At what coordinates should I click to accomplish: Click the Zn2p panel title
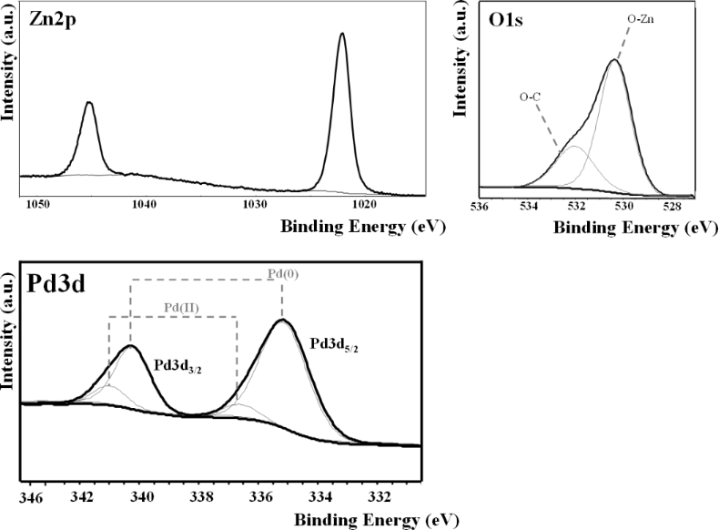click(33, 20)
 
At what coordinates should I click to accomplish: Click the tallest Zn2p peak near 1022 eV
click(342, 35)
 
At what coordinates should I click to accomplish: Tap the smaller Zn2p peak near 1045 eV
click(89, 103)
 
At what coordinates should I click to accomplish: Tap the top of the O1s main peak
click(614, 61)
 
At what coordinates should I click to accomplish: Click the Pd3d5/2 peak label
click(337, 344)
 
